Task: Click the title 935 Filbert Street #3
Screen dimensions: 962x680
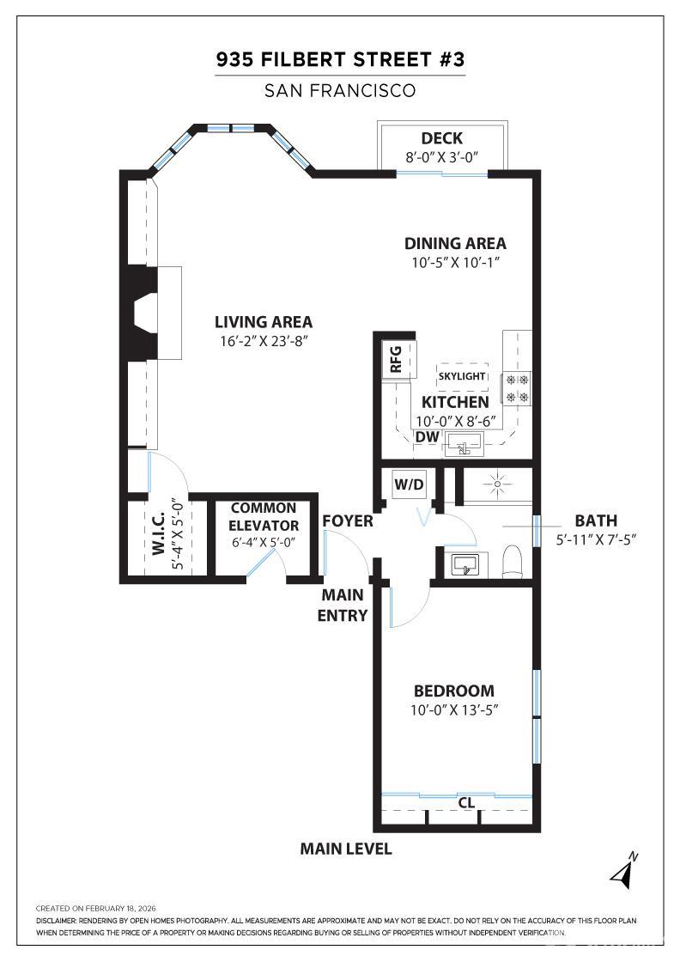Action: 340,60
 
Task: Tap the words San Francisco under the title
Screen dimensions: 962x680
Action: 340,90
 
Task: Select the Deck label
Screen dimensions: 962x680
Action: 441,138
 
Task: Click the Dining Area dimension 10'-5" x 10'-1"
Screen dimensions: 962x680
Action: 455,262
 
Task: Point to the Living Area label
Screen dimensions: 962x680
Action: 263,322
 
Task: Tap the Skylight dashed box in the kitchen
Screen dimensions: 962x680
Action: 462,377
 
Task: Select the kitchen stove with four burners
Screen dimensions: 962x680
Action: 517,387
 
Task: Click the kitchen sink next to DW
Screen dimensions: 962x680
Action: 463,445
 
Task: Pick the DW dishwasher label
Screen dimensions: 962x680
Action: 427,437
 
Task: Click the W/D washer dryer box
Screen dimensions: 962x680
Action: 409,484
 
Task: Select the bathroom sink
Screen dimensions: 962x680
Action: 465,564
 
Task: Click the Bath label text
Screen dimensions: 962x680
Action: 596,521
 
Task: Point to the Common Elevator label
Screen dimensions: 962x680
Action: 264,517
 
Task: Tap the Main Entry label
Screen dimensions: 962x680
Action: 343,605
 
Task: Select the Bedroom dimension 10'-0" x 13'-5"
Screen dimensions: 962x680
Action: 454,710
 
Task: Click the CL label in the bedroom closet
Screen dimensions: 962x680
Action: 466,803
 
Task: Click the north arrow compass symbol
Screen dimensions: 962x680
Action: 624,871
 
